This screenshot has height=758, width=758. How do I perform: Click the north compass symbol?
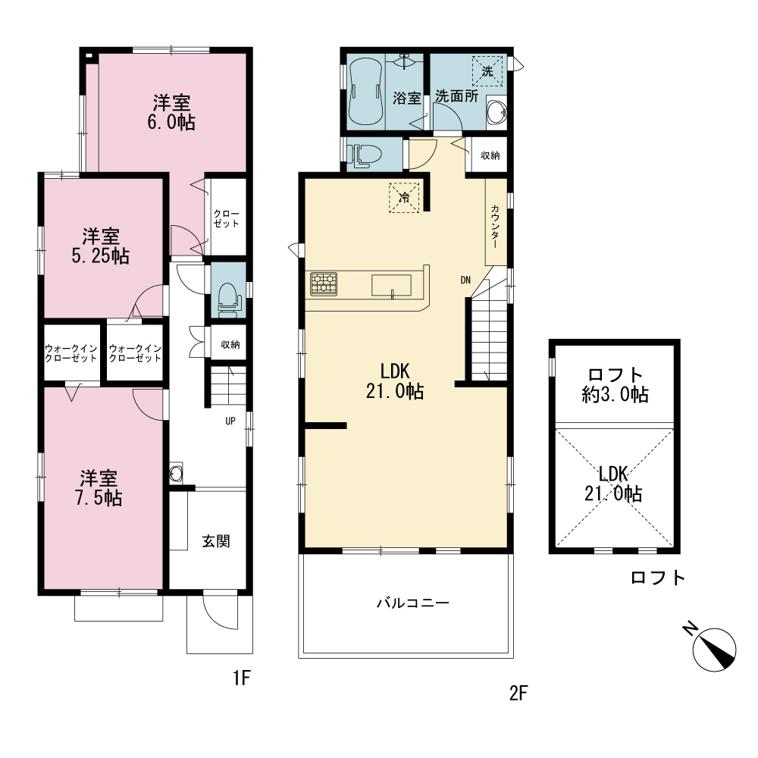(x=714, y=650)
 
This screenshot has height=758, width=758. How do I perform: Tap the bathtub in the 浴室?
(x=365, y=92)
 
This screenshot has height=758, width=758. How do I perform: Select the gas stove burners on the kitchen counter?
(x=324, y=283)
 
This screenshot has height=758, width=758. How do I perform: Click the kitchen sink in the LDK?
(x=391, y=285)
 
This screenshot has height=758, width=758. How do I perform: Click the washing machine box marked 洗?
(x=487, y=71)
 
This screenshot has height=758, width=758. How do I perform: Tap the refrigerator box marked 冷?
(x=404, y=197)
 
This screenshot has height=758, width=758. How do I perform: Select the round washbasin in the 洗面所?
(x=496, y=113)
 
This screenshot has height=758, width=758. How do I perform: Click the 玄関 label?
(x=215, y=541)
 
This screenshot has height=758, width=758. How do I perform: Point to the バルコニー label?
(x=413, y=603)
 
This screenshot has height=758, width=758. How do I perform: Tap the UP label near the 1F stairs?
(x=230, y=421)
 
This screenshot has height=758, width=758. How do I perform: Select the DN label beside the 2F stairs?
(x=465, y=280)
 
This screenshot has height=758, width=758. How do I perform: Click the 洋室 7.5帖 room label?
(x=99, y=487)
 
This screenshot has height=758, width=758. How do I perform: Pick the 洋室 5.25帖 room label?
(x=101, y=246)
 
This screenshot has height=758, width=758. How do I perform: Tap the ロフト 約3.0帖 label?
(x=615, y=384)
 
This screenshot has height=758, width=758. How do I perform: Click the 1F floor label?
(x=242, y=678)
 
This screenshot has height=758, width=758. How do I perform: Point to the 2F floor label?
(x=518, y=694)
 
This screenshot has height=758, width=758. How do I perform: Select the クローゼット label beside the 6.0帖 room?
(x=226, y=218)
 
